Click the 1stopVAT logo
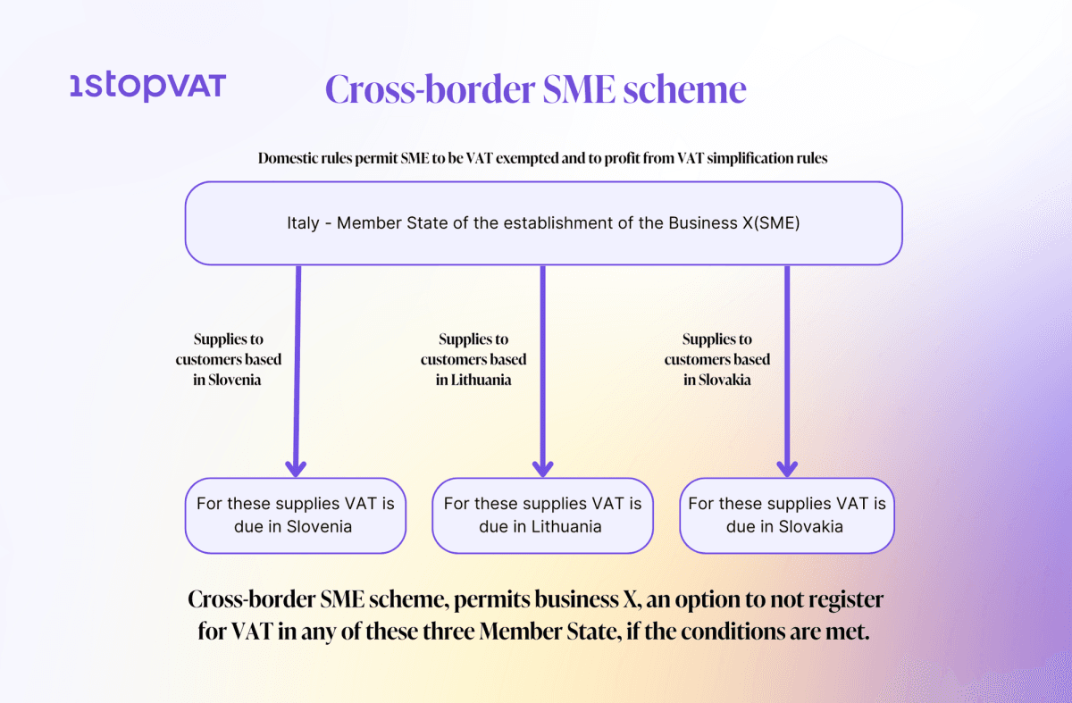coord(147,88)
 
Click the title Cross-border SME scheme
coord(535,90)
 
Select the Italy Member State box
coord(543,223)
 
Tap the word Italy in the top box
coord(303,223)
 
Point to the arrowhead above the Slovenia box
coord(295,467)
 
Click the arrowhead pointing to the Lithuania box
coord(541,467)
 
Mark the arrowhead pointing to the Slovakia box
coord(786,467)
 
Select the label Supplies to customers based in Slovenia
coord(229,359)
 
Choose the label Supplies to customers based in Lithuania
coord(473,359)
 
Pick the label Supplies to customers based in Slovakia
coord(717,359)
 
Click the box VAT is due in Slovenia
coord(295,515)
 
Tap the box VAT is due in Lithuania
coord(541,515)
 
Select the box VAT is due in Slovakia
coord(786,515)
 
